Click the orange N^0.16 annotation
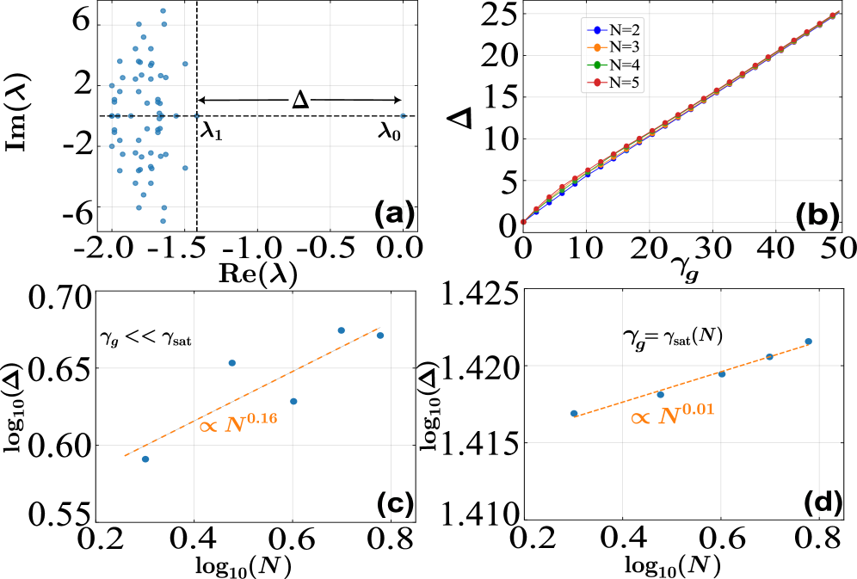click(239, 422)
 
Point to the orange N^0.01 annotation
click(673, 416)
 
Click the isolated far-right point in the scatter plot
click(403, 115)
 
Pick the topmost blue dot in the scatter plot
click(163, 11)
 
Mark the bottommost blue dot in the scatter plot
click(163, 221)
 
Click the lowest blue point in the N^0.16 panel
click(145, 459)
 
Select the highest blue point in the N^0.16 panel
click(341, 330)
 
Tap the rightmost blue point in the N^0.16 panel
click(379, 336)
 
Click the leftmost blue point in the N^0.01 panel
click(574, 414)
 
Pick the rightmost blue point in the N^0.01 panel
click(808, 342)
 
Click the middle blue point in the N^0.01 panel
click(722, 373)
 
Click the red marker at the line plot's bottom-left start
click(523, 222)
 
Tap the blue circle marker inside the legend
click(597, 30)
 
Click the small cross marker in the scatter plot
click(196, 115)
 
